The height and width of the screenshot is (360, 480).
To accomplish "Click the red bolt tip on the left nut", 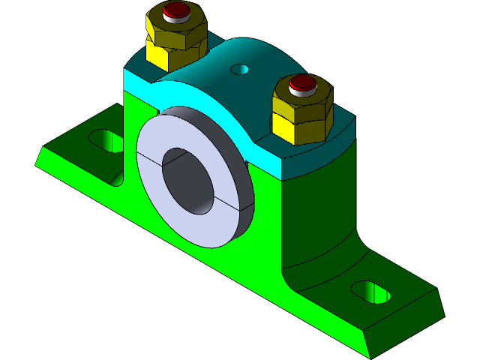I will (177, 10).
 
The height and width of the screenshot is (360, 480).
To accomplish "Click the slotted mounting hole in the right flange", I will (371, 292).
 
